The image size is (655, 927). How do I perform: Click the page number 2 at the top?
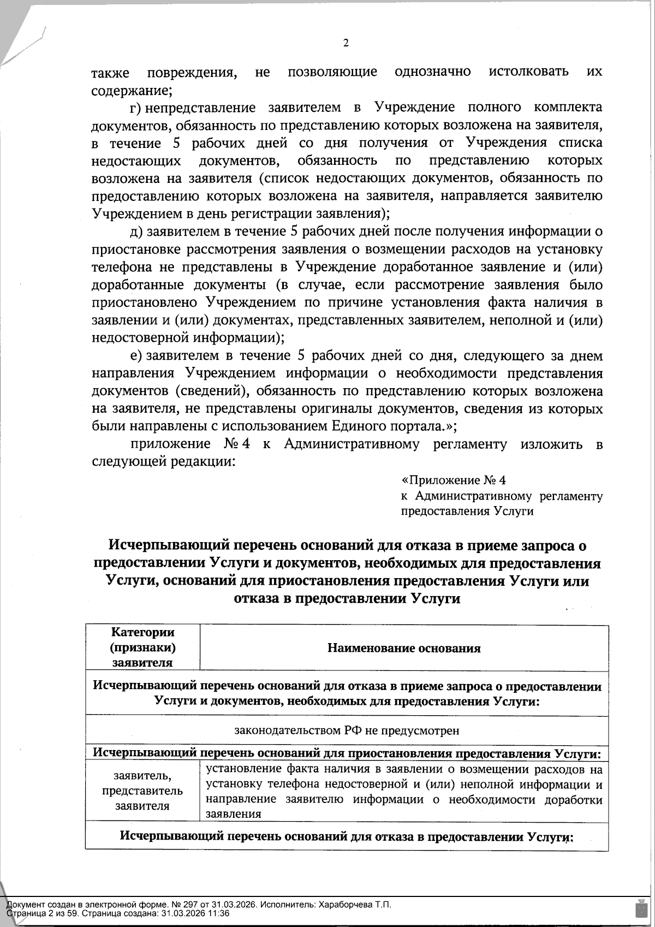345,44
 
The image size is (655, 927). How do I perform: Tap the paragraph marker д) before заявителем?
136,231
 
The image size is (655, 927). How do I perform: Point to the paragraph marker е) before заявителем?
136,356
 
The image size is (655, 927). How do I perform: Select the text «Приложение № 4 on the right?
454,480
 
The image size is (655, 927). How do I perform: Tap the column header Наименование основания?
404,648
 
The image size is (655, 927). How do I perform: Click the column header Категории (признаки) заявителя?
142,647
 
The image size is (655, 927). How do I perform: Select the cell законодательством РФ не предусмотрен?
347,730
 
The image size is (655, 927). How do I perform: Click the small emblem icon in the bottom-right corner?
639,909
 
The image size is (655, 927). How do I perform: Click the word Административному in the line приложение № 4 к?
352,444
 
